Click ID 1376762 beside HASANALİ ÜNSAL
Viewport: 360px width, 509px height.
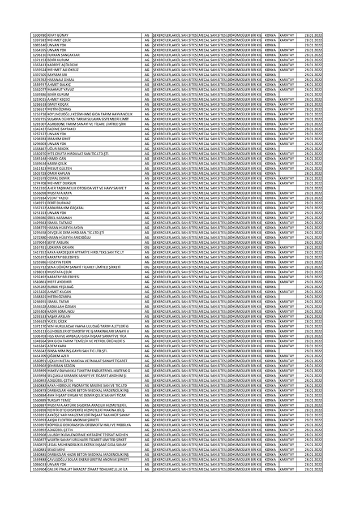click(x=39, y=80)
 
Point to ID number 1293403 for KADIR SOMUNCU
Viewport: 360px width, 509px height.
click(x=39, y=310)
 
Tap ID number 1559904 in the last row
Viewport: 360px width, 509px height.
click(x=39, y=468)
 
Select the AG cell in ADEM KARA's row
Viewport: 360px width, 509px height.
click(x=147, y=345)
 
